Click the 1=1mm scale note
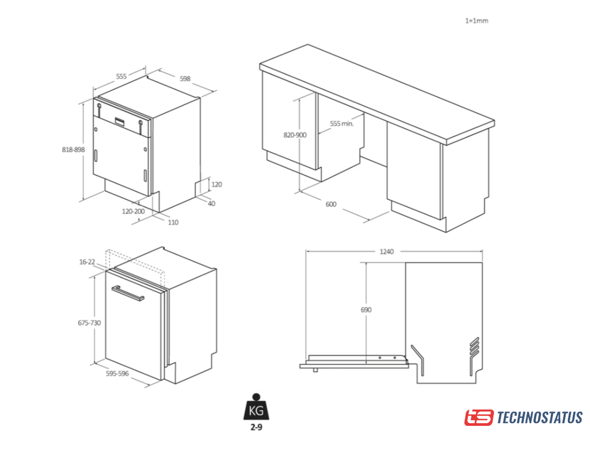476,21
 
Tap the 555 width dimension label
121,77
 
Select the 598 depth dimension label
185,79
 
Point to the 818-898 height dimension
73,149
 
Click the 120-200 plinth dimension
133,211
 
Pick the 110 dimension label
173,223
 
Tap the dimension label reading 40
212,203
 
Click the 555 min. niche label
342,124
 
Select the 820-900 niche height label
295,135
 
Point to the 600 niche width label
331,204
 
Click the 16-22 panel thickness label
87,262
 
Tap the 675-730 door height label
89,323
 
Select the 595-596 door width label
117,374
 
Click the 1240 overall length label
386,252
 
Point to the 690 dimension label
366,309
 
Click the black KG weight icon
256,407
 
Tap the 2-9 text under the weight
256,427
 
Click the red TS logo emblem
479,418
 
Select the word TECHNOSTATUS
540,418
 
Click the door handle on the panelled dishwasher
128,293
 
